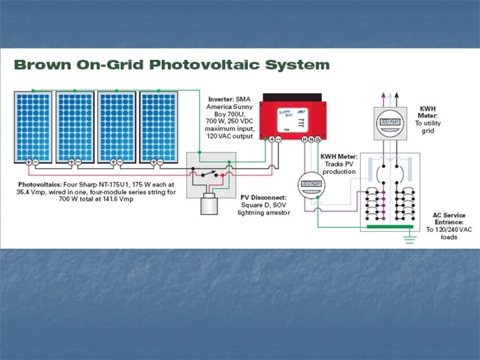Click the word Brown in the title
42,65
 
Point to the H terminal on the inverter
305,139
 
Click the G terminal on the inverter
318,139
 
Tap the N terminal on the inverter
311,139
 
